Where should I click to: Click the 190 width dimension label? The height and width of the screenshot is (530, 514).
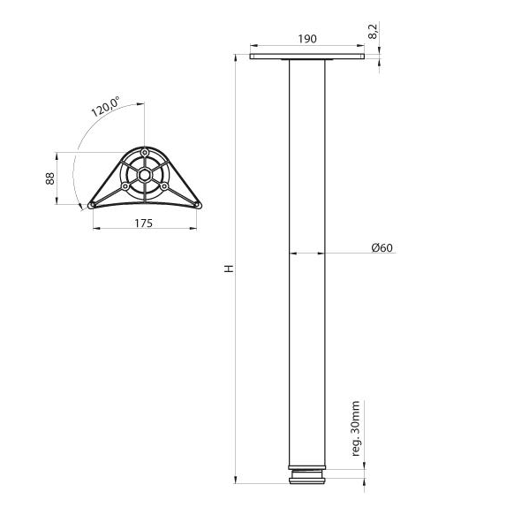tap(307, 39)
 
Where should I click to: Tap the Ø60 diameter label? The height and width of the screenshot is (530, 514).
tap(382, 247)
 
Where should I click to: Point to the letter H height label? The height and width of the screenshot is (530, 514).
tap(229, 269)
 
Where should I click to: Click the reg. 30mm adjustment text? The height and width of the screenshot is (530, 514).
tap(356, 428)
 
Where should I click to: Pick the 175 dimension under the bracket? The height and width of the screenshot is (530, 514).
tap(144, 223)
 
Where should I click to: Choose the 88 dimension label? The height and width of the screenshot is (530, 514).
tap(50, 178)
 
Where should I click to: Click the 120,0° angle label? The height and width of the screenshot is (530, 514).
tap(105, 106)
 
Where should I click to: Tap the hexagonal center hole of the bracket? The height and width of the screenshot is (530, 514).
tap(144, 175)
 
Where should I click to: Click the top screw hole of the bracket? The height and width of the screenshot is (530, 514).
tap(144, 152)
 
